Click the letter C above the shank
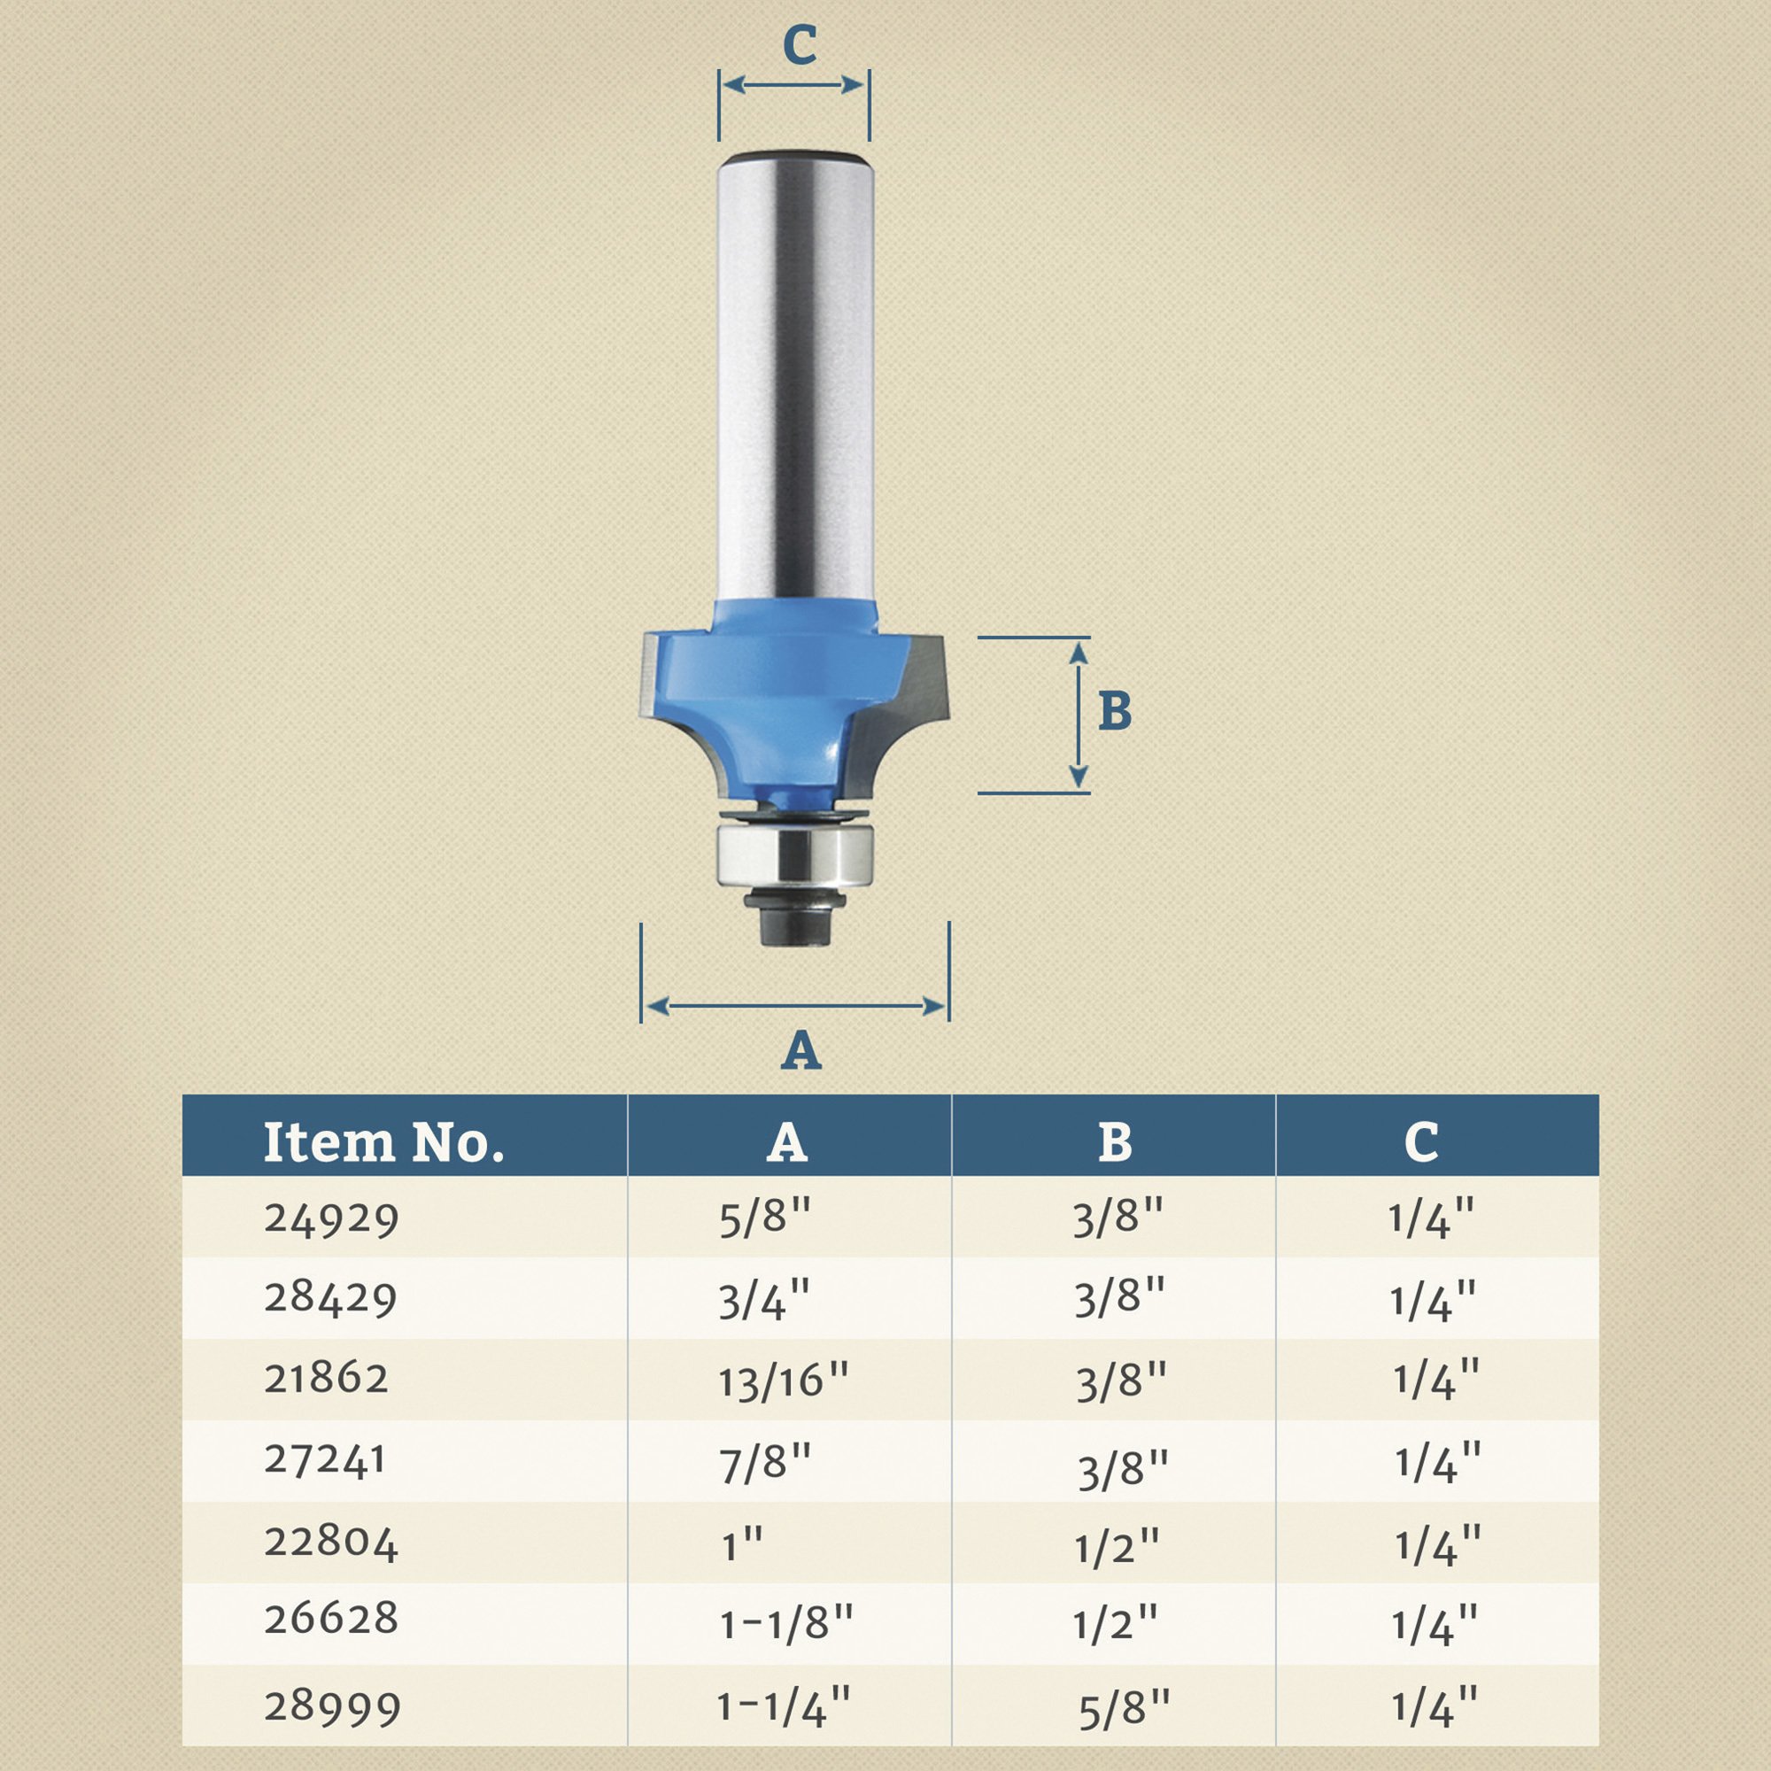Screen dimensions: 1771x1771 (800, 45)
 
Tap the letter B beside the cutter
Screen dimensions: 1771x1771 (1115, 710)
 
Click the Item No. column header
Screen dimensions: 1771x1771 (383, 1143)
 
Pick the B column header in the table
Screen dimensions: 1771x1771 (1114, 1143)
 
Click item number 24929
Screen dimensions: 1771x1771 (331, 1219)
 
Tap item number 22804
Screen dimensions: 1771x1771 (331, 1543)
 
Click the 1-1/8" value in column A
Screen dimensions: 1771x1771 (785, 1624)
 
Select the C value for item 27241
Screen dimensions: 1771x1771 (1437, 1463)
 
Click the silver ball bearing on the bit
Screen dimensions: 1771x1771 (796, 855)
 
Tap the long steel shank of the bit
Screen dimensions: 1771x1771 (796, 375)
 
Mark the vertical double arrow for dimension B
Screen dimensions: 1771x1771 (1078, 715)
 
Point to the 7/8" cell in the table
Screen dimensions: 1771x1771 (765, 1461)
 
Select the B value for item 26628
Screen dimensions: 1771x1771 (1116, 1624)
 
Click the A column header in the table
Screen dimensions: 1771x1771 (786, 1143)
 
